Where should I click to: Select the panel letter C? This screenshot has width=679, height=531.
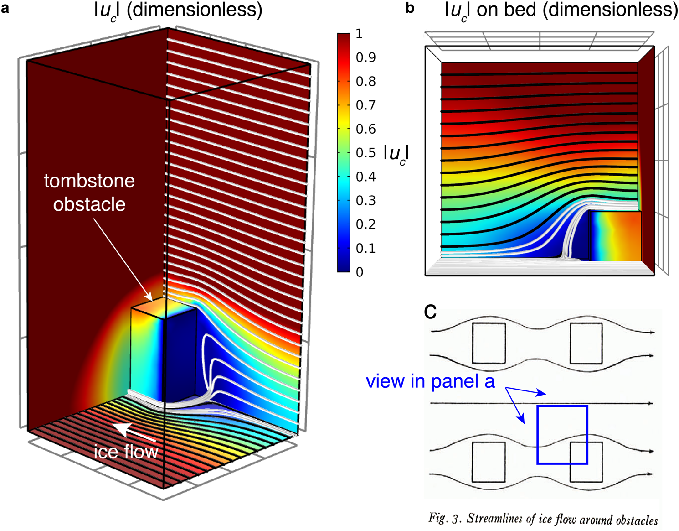pos(430,312)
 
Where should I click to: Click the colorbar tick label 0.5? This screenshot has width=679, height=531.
pos(365,153)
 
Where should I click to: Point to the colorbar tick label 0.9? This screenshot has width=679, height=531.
pos(365,57)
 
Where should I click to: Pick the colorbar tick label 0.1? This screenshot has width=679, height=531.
pos(365,248)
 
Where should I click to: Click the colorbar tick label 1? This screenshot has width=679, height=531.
pos(359,34)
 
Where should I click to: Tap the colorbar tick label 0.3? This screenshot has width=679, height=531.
pos(365,200)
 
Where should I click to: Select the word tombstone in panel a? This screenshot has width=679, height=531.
pos(89,181)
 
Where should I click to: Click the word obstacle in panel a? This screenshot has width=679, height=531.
pos(89,204)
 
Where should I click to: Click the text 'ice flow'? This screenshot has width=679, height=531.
pos(126,452)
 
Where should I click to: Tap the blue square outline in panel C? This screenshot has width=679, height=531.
pos(562,406)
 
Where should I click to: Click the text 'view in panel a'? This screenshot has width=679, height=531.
pos(430,381)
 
